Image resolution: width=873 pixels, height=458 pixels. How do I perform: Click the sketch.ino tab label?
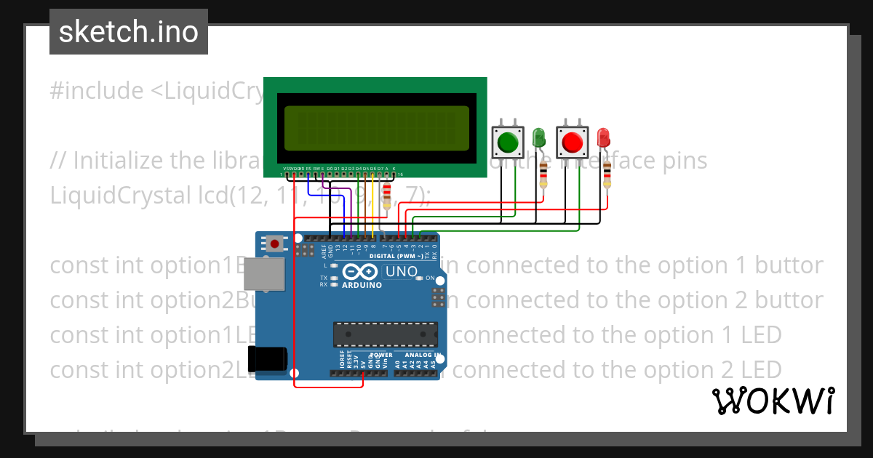128,32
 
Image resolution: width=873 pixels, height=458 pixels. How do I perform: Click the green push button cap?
509,142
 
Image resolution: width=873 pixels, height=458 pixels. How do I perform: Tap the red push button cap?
572,142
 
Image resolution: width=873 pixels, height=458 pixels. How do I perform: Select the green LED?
539,137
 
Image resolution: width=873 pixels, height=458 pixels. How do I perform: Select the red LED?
603,137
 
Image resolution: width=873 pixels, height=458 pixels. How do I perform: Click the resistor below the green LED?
543,174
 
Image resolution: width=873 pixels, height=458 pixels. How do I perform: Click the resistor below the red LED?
607,174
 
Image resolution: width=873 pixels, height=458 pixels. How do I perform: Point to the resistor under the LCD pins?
386,193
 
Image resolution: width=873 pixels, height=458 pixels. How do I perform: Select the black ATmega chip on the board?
386,334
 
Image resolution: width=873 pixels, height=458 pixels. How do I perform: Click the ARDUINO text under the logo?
361,285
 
